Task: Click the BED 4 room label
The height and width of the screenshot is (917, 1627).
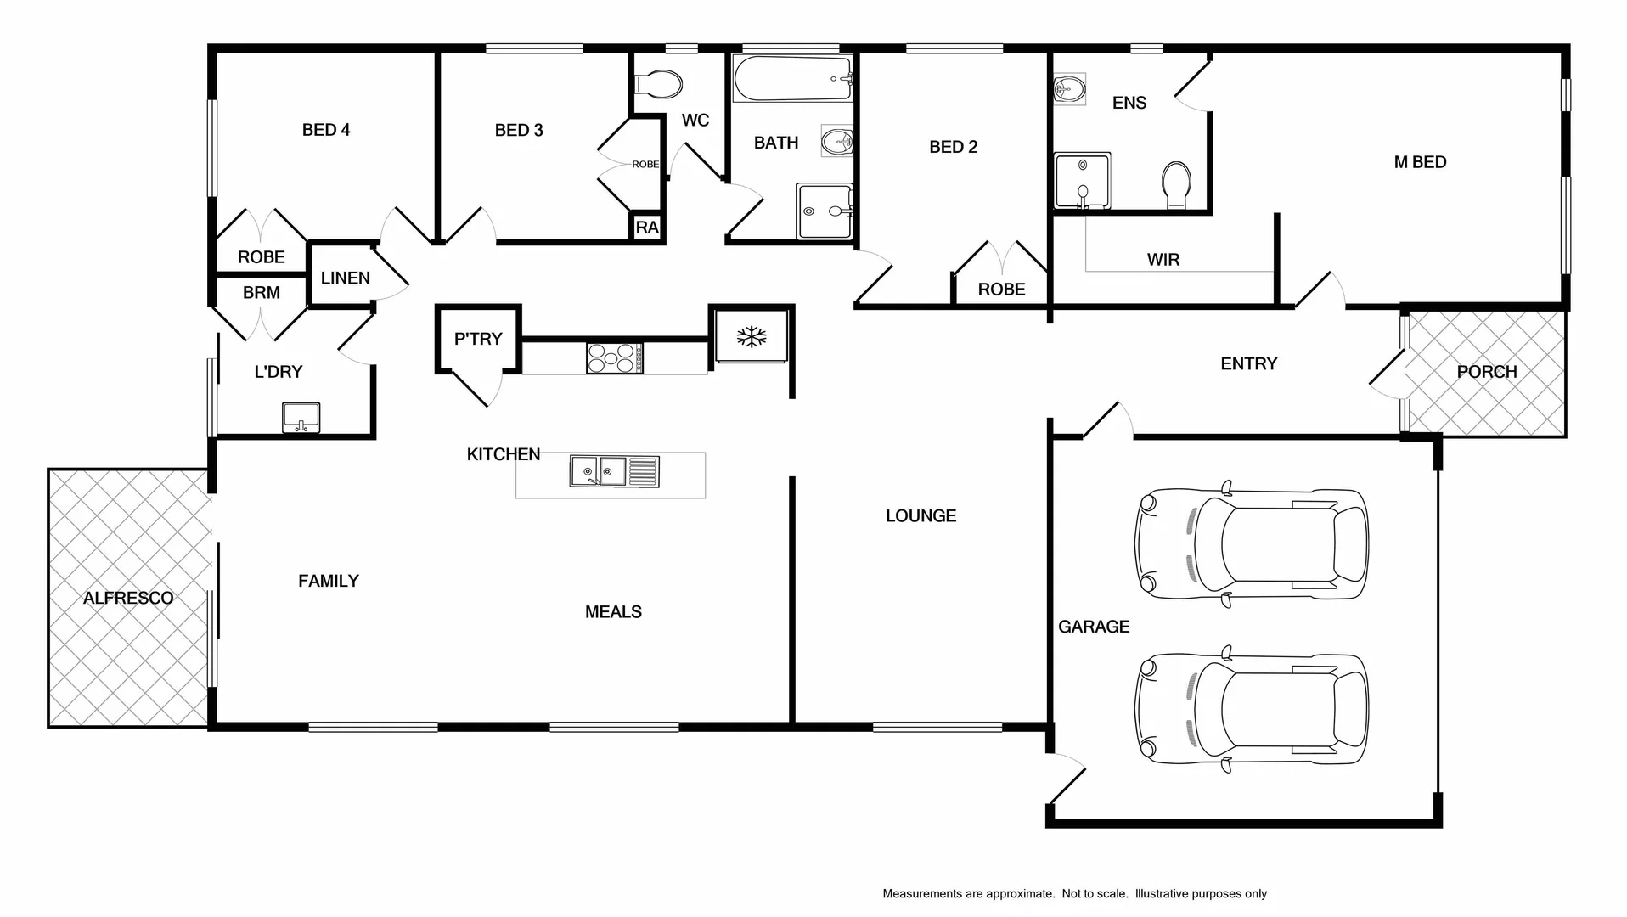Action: [x=326, y=130]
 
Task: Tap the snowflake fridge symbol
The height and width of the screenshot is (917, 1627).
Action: [x=752, y=337]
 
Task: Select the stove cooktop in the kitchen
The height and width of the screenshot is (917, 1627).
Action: [x=614, y=357]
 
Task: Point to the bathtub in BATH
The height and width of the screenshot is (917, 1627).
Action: [x=791, y=79]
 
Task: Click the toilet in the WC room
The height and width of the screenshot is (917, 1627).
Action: [x=660, y=84]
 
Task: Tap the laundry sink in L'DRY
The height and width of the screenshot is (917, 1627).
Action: [x=301, y=417]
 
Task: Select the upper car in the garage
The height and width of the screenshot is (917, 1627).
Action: [x=1251, y=544]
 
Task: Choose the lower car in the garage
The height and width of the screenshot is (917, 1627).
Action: [x=1251, y=709]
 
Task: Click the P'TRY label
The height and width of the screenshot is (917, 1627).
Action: [x=478, y=339]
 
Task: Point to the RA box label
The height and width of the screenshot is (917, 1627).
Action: [x=647, y=228]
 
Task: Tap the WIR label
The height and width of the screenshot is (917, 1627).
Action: [x=1163, y=260]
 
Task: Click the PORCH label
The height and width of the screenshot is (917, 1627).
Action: [x=1486, y=372]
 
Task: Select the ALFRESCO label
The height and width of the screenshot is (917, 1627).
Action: [x=128, y=598]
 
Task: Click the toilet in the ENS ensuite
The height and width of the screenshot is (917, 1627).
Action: [x=1176, y=184]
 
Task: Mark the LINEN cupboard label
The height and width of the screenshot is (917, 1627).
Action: [x=345, y=278]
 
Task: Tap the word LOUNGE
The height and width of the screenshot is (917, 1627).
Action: [x=920, y=515]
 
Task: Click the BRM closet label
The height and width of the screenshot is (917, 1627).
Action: [x=261, y=293]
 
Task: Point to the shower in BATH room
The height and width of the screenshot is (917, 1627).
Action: [x=824, y=211]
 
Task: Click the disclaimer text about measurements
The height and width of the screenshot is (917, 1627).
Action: [x=1074, y=893]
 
